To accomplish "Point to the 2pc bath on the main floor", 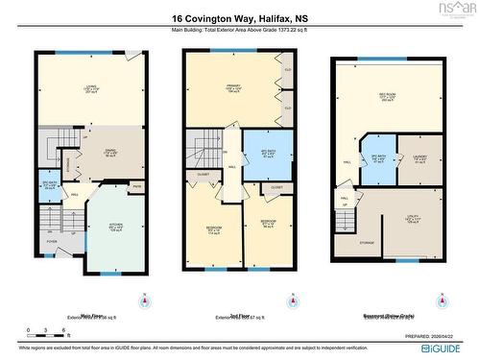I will click(x=50, y=185).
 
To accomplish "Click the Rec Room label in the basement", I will click(x=388, y=97).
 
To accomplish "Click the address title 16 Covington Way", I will click(x=239, y=18).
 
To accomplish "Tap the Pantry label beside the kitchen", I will click(x=136, y=186).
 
